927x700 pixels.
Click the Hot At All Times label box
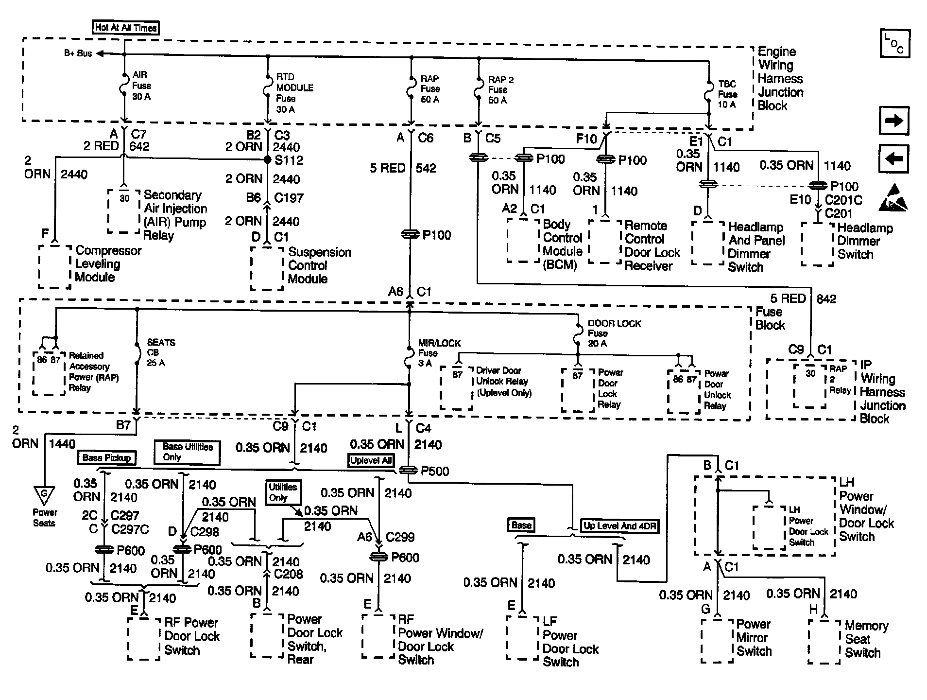125,28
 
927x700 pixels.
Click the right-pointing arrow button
893,121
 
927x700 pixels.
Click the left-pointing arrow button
893,158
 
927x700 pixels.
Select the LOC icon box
894,43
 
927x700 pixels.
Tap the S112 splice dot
267,159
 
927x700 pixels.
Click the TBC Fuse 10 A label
727,94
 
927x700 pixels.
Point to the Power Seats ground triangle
44,495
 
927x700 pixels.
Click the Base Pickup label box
107,457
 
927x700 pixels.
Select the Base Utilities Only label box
187,452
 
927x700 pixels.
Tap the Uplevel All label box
371,460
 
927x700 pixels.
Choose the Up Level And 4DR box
619,526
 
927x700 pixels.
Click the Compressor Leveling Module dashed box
55,266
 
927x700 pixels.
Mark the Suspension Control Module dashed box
267,268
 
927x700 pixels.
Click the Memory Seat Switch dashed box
824,642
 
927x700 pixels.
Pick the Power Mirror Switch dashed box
717,641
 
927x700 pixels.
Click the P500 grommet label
434,471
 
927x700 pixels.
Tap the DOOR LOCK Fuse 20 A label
614,333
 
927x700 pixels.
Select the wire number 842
826,299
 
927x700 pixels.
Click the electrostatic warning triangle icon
893,198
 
